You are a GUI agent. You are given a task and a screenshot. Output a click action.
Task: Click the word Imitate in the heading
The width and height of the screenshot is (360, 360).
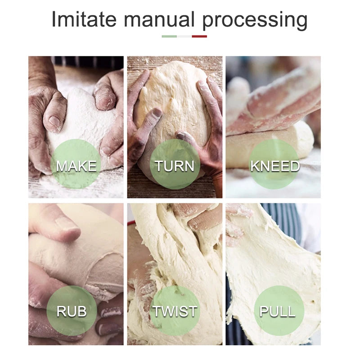click(x=84, y=19)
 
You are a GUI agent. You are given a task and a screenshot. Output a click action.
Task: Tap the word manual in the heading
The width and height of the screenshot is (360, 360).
click(x=159, y=19)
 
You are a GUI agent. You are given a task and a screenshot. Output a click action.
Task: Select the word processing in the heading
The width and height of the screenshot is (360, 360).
click(x=255, y=21)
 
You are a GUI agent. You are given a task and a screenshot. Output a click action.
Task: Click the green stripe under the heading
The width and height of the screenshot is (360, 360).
click(x=169, y=36)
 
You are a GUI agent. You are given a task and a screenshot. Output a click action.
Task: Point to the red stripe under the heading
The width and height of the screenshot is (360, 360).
click(x=199, y=36)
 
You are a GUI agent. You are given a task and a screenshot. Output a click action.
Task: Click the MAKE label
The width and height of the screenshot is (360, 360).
click(x=76, y=166)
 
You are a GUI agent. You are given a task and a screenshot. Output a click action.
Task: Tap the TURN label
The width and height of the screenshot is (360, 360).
click(x=175, y=166)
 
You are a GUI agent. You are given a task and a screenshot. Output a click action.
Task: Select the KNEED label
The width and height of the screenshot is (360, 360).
click(x=275, y=166)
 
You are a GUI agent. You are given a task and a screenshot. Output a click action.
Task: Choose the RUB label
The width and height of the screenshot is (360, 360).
click(x=72, y=311)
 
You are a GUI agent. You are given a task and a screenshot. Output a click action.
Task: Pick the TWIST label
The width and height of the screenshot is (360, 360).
click(x=175, y=311)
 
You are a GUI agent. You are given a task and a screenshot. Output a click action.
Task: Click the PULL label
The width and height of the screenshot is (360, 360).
click(x=277, y=311)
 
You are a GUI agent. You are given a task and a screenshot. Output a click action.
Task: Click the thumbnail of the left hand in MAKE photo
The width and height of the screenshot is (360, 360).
click(x=54, y=121)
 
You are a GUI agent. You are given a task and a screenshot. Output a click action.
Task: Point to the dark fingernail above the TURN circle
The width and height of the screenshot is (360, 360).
click(x=157, y=112)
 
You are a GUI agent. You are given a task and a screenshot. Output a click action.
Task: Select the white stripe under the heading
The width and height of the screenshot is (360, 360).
click(x=184, y=36)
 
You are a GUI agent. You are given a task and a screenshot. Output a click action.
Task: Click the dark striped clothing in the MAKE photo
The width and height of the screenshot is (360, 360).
click(x=87, y=62)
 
